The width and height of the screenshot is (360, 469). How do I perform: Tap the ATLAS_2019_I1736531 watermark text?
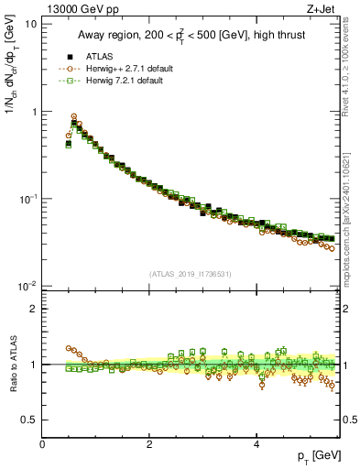tap(191, 274)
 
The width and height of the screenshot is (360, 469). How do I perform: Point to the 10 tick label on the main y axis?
tap(30, 25)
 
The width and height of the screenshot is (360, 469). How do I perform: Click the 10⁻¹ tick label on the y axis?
tap(27, 199)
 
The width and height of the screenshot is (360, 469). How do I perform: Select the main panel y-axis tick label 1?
tap(34, 112)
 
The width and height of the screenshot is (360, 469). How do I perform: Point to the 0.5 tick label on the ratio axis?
tap(29, 420)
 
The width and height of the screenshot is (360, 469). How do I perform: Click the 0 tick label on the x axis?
tap(42, 444)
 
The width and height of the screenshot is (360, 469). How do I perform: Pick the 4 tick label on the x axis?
tap(256, 444)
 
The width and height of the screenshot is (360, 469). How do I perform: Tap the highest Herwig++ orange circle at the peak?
tap(73, 117)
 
